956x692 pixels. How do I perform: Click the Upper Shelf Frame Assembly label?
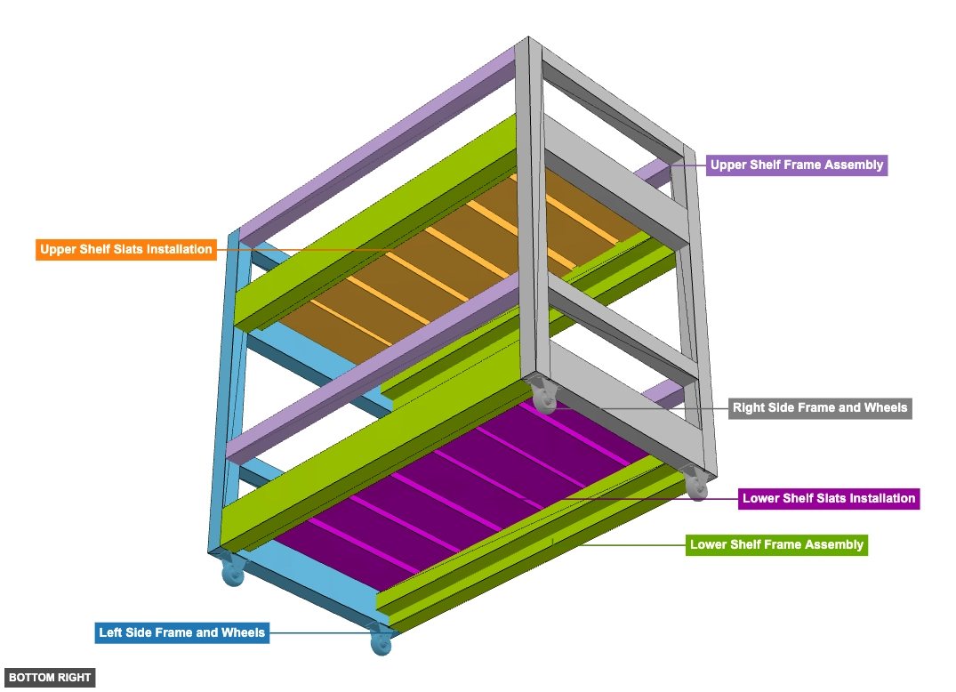(796, 165)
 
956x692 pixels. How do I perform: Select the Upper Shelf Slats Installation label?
(126, 249)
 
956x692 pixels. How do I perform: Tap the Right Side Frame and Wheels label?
(819, 408)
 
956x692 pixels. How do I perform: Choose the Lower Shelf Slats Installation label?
(828, 498)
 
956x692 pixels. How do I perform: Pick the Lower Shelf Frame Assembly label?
(776, 544)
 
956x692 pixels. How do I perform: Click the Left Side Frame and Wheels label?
(181, 632)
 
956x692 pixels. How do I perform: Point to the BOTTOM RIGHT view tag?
(50, 678)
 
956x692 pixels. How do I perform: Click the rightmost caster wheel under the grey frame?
(697, 485)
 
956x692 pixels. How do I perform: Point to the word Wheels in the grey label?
(885, 408)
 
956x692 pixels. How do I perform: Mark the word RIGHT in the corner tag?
(72, 678)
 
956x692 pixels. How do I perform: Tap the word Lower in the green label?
(710, 544)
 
